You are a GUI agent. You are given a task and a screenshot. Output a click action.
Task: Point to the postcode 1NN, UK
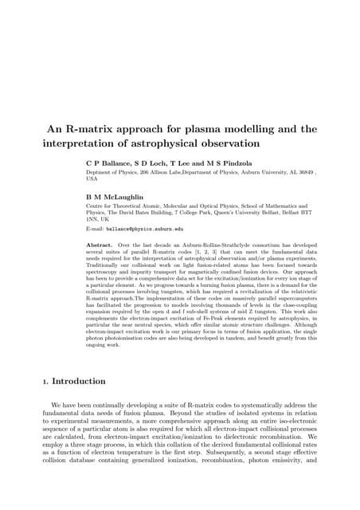click(x=100, y=219)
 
